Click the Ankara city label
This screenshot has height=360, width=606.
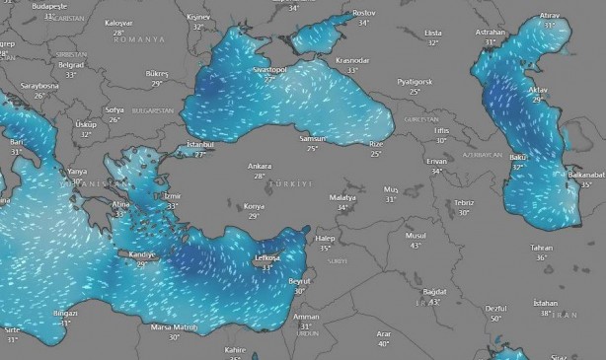pyautogui.click(x=261, y=166)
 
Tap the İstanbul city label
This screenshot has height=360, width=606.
pyautogui.click(x=200, y=146)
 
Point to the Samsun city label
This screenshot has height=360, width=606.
pyautogui.click(x=312, y=139)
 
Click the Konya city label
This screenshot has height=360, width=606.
pyautogui.click(x=254, y=206)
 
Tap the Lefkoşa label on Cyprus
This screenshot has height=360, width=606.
pyautogui.click(x=266, y=257)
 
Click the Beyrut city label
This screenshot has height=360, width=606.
pyautogui.click(x=300, y=281)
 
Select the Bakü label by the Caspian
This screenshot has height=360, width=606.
pyautogui.click(x=517, y=158)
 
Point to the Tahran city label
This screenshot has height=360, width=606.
pyautogui.click(x=541, y=248)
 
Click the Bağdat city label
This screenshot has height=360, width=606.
pyautogui.click(x=434, y=292)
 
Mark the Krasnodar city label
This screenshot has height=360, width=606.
pyautogui.click(x=352, y=60)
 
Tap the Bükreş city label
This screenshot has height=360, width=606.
pyautogui.click(x=157, y=73)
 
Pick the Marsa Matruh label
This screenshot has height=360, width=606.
pyautogui.click(x=174, y=326)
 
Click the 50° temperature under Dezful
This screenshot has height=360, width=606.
pyautogui.click(x=496, y=319)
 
